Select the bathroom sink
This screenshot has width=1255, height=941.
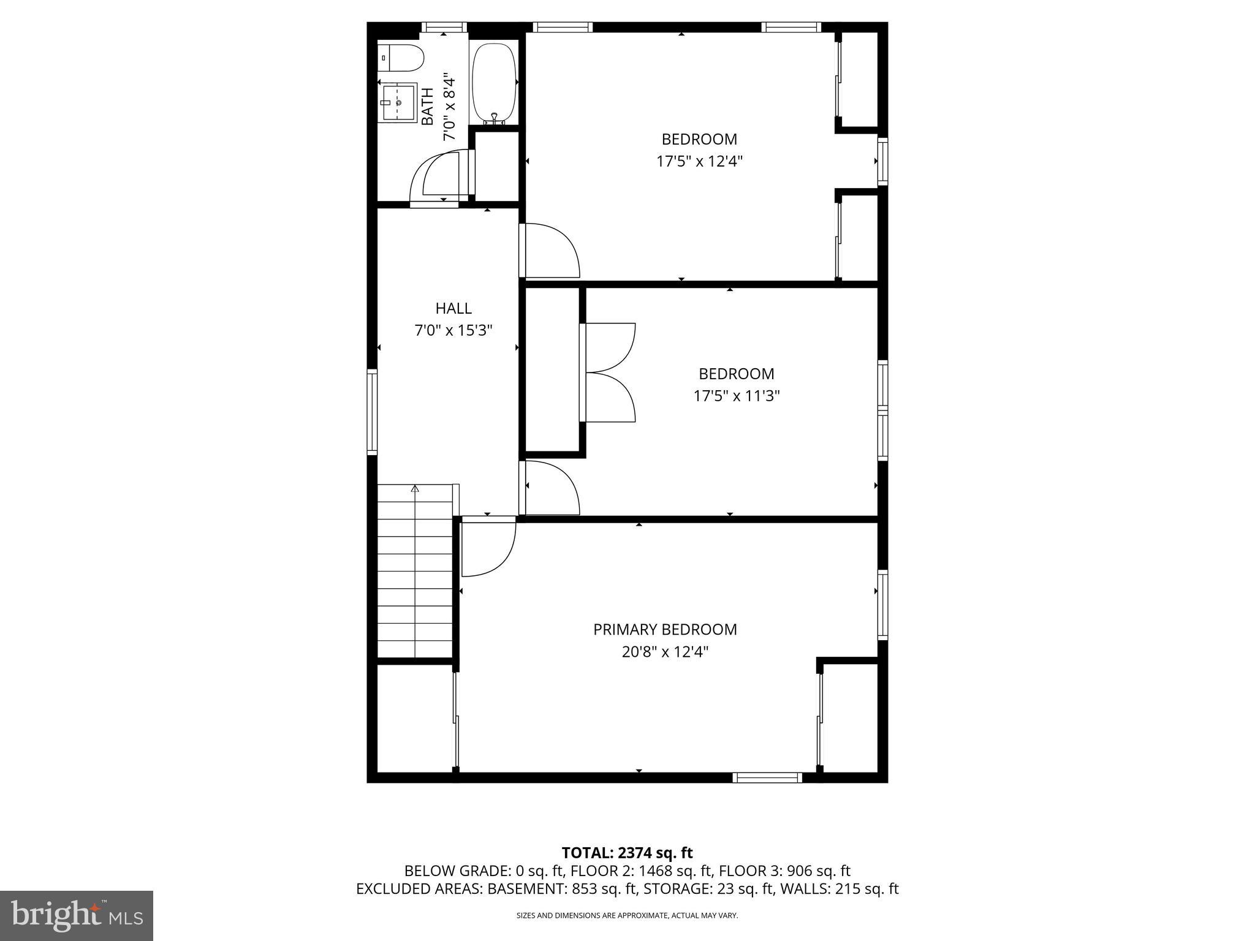[x=397, y=103]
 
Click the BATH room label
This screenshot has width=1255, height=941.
[x=427, y=107]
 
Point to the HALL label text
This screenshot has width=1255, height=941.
[x=453, y=308]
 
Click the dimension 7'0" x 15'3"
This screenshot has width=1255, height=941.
[x=453, y=331]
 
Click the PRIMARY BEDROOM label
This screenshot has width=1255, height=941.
[x=665, y=629]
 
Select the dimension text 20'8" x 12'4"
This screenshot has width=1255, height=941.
[x=665, y=652]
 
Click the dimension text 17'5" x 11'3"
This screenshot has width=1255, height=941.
[x=736, y=396]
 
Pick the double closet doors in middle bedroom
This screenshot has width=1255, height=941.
[x=610, y=372]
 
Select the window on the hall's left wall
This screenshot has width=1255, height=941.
[x=372, y=411]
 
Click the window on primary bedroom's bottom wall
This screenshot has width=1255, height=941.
[x=767, y=777]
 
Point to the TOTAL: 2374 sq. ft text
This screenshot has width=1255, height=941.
[x=627, y=853]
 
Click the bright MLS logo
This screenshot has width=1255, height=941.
[x=77, y=915]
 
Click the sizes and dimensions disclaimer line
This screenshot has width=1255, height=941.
[x=627, y=915]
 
